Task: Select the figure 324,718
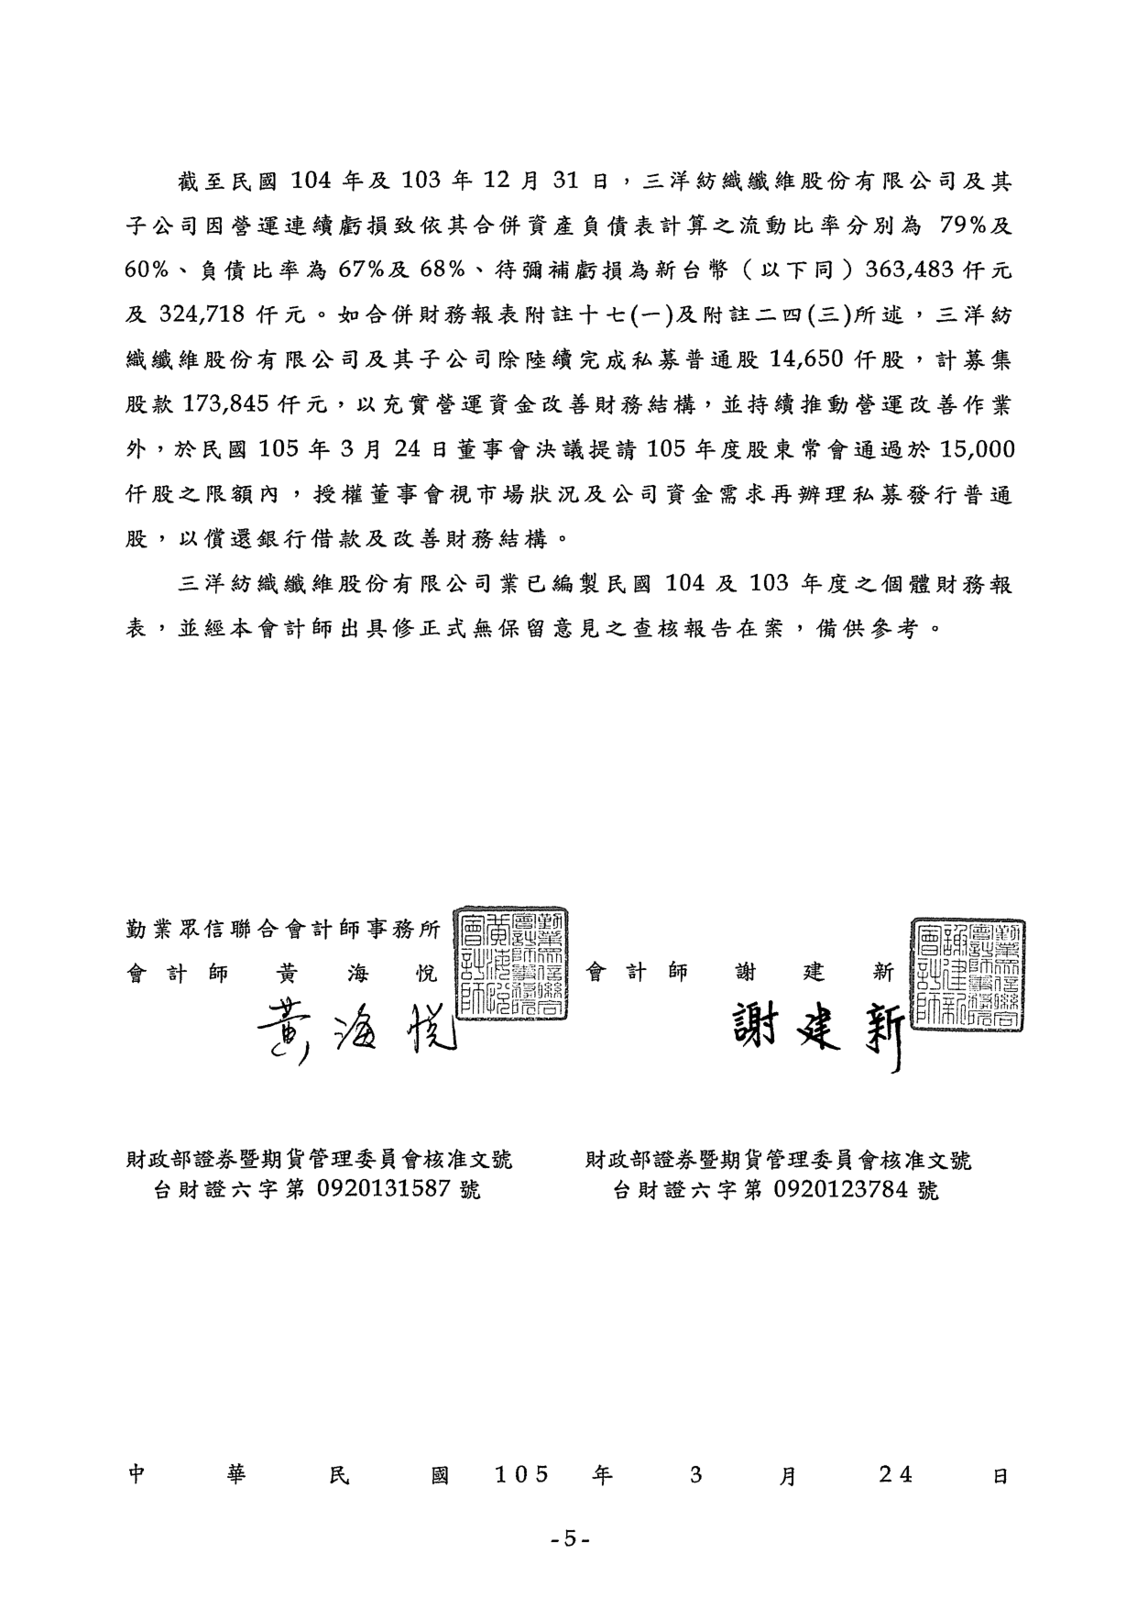(x=202, y=315)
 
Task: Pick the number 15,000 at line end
(x=970, y=450)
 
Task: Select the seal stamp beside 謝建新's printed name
(x=968, y=974)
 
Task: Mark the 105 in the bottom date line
(x=522, y=1475)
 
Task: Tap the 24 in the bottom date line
(x=895, y=1475)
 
